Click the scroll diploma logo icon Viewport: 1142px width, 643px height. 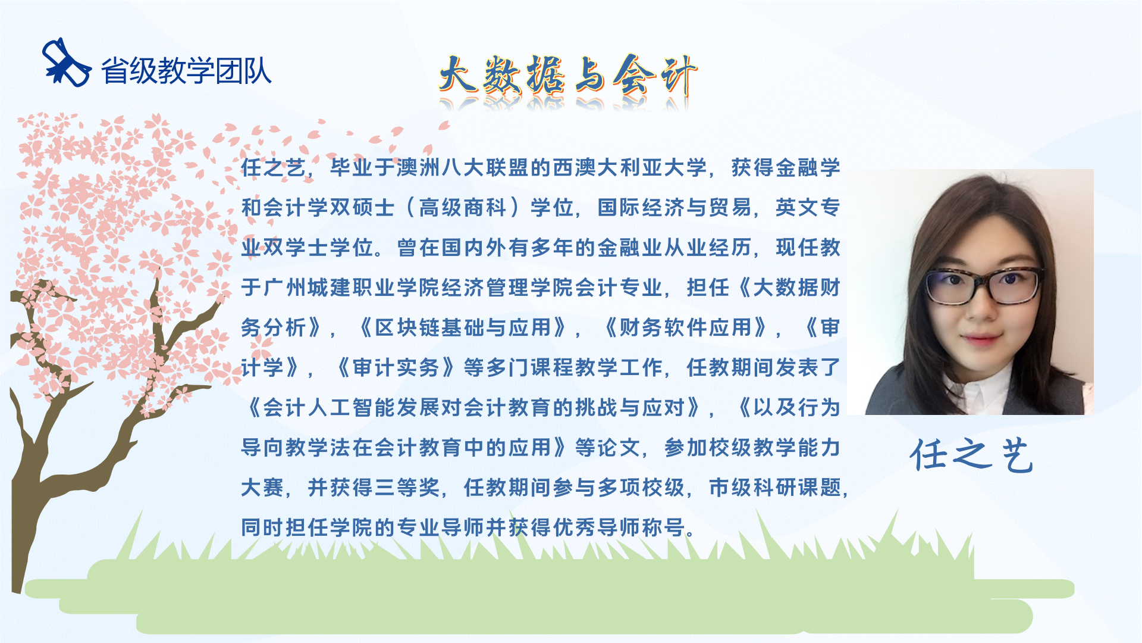[67, 63]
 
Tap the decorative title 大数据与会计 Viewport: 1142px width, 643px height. [568, 76]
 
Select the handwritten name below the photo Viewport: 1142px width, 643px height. [971, 455]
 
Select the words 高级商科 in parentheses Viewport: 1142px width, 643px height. [462, 208]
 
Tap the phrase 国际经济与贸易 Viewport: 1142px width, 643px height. [674, 208]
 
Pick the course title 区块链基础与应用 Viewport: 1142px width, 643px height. [463, 327]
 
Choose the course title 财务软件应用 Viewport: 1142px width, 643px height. [686, 327]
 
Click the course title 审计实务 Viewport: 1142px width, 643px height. [396, 367]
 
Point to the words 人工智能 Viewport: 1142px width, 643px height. [352, 407]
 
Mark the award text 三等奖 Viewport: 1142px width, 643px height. [419, 488]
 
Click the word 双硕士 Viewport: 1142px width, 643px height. [363, 208]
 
